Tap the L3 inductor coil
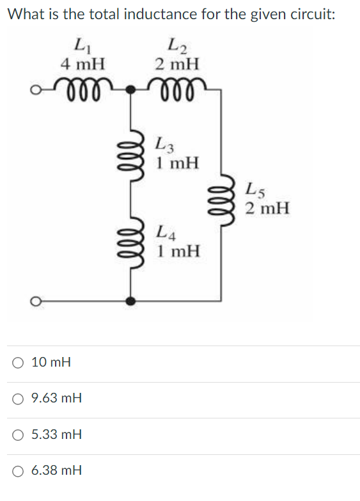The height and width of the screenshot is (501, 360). tap(132, 161)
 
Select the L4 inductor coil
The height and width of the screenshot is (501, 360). tap(132, 244)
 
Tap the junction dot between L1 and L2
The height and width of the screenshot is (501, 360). tap(132, 90)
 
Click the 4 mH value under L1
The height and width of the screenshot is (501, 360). tap(82, 64)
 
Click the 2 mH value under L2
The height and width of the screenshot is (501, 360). tap(176, 64)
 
